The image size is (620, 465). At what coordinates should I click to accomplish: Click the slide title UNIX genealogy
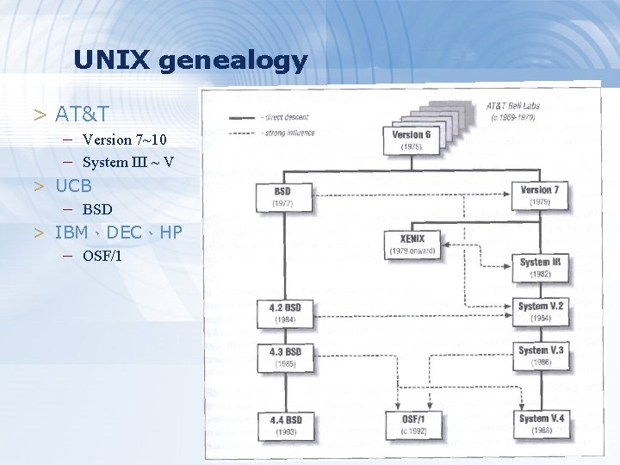[189, 60]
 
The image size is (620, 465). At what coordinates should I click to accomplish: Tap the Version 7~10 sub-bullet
[125, 139]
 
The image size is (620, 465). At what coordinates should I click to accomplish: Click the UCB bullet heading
[73, 185]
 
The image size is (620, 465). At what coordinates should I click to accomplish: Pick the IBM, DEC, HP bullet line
[118, 232]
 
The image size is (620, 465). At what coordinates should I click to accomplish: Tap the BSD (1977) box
[282, 196]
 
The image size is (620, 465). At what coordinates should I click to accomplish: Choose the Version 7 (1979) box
[540, 195]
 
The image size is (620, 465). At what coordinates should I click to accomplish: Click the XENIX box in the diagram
[412, 244]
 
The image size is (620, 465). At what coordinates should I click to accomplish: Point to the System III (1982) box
[540, 267]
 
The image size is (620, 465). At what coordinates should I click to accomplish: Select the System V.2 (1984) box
[540, 311]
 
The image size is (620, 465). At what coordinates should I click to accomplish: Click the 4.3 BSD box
[285, 357]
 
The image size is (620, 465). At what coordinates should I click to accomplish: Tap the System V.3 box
[540, 356]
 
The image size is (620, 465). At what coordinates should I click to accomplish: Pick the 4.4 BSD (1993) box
[285, 425]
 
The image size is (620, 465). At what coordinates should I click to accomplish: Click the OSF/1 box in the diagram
[412, 424]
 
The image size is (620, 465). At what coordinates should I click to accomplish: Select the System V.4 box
[540, 424]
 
